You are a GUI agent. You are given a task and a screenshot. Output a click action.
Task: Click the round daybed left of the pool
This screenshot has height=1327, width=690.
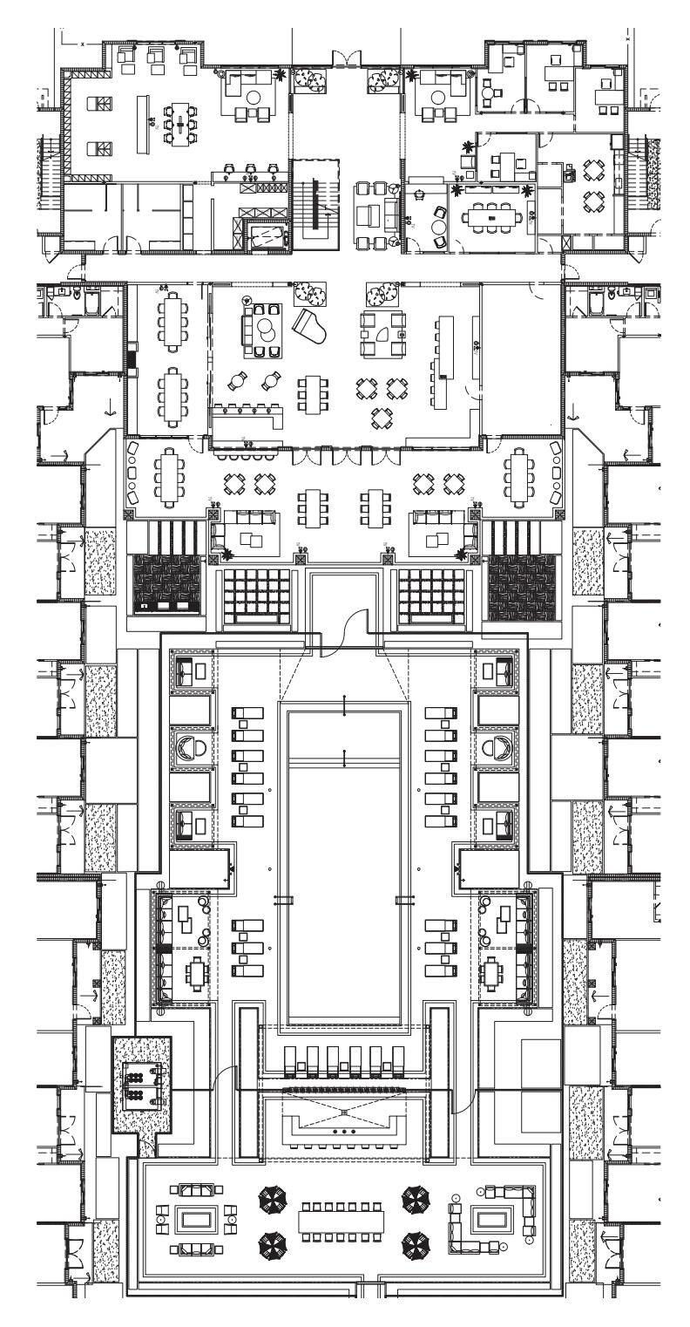tap(193, 747)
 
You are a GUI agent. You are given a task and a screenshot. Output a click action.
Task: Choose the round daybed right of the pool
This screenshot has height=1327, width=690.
tap(497, 747)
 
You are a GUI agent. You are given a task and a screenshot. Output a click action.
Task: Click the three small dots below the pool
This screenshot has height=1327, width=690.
tap(345, 1131)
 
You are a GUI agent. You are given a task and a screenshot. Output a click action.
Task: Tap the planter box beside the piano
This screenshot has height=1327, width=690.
tap(309, 291)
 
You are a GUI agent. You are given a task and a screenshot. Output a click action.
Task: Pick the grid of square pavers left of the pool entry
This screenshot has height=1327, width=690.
tap(257, 589)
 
